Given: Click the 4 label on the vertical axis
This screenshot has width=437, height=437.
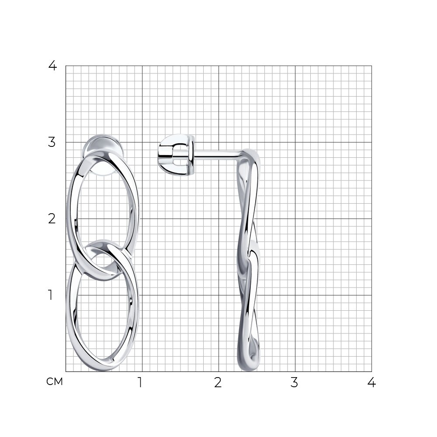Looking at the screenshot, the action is coord(52,66).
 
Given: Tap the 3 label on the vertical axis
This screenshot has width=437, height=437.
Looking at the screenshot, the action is coord(52,142).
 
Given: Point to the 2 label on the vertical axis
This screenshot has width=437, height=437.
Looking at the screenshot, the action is coord(52,219).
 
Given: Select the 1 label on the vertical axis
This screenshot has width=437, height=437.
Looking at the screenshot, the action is coord(50,295).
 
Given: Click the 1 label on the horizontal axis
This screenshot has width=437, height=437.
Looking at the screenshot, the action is coord(140,382).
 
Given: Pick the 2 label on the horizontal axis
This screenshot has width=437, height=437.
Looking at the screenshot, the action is coord(218,382).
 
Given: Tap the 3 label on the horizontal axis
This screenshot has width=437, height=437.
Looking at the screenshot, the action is coord(294,382).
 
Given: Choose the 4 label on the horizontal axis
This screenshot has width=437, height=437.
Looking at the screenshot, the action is coord(371,382).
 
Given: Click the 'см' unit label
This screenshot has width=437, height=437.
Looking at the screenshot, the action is coord(55,382).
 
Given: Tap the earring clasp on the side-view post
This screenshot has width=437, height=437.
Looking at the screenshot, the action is coord(176,155).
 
